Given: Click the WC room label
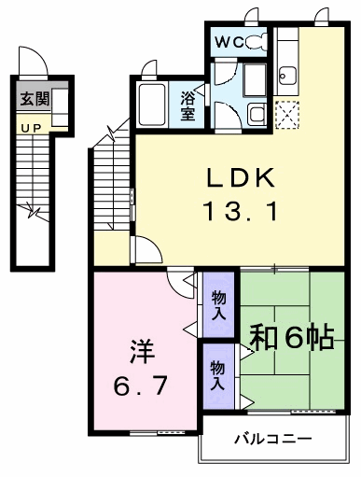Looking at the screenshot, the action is (x=229, y=42).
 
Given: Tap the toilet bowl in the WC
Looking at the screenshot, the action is (x=257, y=42).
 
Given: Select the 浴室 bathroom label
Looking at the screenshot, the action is (x=188, y=106).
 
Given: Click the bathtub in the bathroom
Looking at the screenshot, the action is (x=152, y=105).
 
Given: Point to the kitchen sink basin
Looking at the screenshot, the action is (x=288, y=76).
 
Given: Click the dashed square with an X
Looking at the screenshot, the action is (x=287, y=115).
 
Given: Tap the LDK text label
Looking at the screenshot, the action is (x=241, y=177).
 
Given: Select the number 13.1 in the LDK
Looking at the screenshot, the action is (x=240, y=211).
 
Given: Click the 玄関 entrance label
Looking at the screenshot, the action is (x=35, y=99).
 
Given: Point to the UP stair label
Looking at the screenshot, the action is (x=32, y=128).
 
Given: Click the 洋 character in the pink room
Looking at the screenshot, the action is (x=143, y=351).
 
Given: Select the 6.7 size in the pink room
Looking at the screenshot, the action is (x=141, y=386).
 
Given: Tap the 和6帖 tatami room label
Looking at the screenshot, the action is (x=292, y=337).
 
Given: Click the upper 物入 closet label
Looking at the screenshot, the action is (x=218, y=306).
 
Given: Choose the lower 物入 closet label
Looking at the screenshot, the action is (x=217, y=375).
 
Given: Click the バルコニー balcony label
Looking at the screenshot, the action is (x=273, y=439).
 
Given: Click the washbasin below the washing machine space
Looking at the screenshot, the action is (x=257, y=114).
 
